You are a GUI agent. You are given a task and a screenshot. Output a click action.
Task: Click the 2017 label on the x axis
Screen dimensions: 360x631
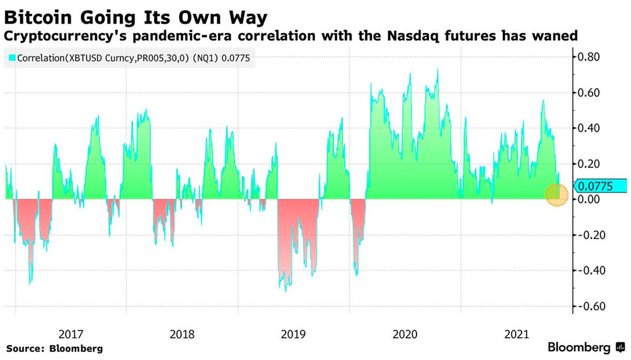tap(71, 334)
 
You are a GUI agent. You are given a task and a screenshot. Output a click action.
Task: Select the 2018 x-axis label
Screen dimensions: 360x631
tap(182, 334)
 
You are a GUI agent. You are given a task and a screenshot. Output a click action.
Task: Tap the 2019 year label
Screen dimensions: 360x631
tap(294, 334)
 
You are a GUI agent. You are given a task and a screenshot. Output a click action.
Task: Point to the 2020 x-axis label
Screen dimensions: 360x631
tap(406, 334)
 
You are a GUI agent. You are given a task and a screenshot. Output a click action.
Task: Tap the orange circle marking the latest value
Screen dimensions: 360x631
tap(556, 195)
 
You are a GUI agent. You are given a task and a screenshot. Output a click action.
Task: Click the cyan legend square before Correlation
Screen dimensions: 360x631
tap(11, 58)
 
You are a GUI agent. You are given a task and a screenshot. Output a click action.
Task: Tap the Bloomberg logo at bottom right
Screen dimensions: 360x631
tap(585, 347)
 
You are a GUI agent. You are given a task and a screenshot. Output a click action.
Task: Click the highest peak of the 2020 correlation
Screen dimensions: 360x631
tap(438, 69)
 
